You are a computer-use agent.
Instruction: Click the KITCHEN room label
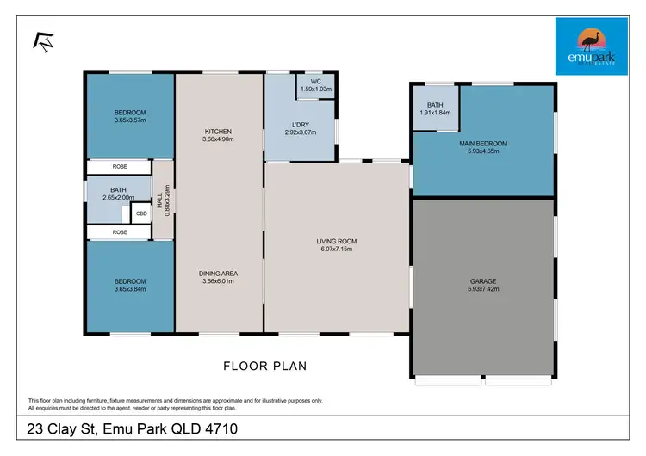[217, 132]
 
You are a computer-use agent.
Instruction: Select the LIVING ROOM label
[337, 241]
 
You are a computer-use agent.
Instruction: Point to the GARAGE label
[482, 281]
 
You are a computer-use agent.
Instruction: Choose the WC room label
[316, 83]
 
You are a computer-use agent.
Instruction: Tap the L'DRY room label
[301, 126]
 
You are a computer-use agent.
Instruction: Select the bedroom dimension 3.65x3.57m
[130, 120]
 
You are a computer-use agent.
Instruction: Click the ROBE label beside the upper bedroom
[119, 166]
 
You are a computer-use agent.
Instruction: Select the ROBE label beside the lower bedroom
[119, 232]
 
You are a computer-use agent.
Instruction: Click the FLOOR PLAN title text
[265, 366]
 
